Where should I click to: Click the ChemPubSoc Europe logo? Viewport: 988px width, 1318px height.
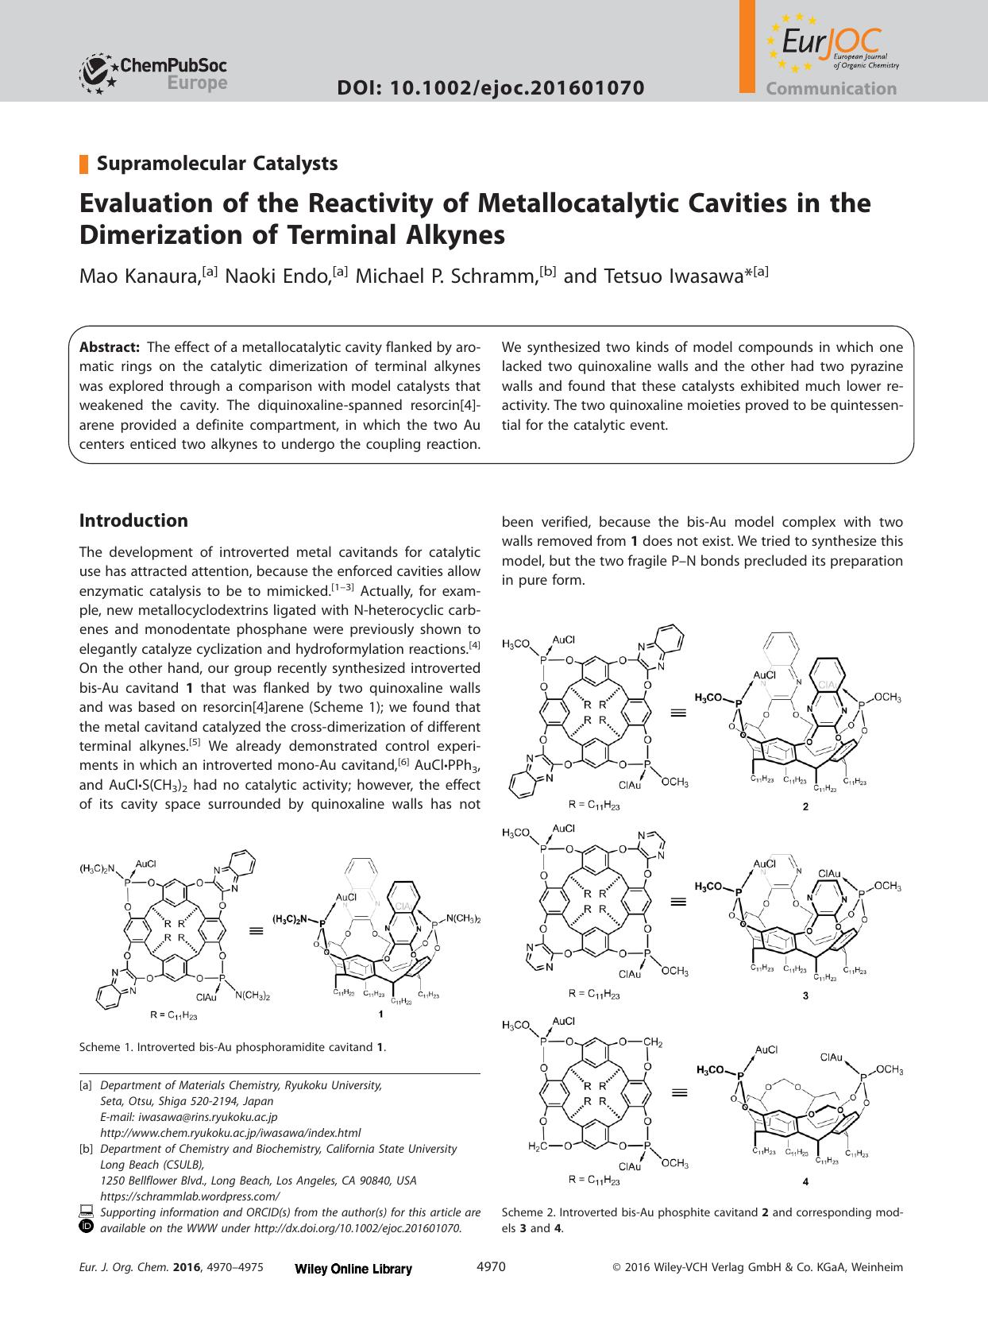pyautogui.click(x=153, y=73)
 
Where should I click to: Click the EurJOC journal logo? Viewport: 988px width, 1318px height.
pyautogui.click(x=830, y=44)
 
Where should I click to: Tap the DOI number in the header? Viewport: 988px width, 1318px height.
pyautogui.click(x=490, y=88)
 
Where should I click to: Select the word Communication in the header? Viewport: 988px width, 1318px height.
pyautogui.click(x=831, y=89)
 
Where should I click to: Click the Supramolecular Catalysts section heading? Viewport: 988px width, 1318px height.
pyautogui.click(x=217, y=163)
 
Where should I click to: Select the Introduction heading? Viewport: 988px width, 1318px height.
pyautogui.click(x=133, y=520)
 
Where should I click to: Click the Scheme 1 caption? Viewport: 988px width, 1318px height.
pyautogui.click(x=233, y=1047)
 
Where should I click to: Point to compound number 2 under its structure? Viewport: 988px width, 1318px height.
pyautogui.click(x=805, y=806)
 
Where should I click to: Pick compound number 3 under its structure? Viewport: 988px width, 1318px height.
pyautogui.click(x=805, y=995)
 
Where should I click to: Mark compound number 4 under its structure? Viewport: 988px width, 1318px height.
pyautogui.click(x=805, y=1181)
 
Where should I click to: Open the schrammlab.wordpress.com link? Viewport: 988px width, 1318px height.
pyautogui.click(x=190, y=1196)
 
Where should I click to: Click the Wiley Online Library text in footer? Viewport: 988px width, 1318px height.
pyautogui.click(x=353, y=1269)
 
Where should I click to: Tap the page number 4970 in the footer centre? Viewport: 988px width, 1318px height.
pyautogui.click(x=490, y=1267)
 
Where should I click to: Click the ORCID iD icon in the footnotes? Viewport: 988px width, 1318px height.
pyautogui.click(x=87, y=1227)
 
